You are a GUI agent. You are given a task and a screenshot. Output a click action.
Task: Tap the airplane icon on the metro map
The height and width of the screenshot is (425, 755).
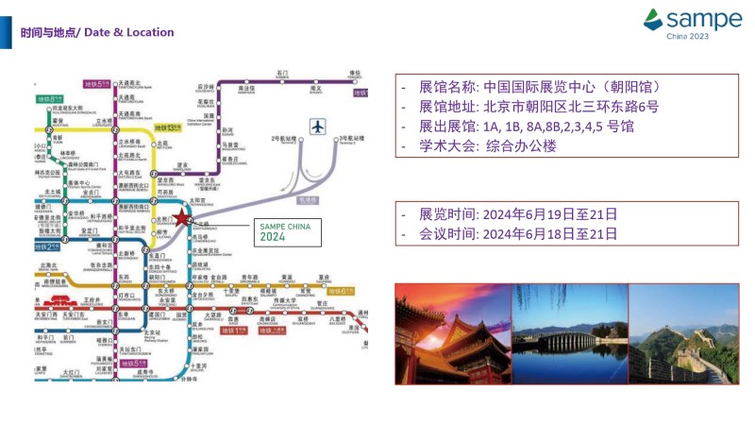[x=318, y=127]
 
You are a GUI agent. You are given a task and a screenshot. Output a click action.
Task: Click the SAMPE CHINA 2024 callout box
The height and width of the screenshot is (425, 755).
[x=288, y=230]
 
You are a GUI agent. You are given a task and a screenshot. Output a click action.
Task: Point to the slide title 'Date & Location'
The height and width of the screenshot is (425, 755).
[x=129, y=33]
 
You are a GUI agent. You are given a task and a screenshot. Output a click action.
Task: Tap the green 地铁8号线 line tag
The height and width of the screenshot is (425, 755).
[x=48, y=99]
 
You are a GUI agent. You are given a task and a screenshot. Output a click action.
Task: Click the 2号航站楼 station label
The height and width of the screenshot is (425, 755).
[x=282, y=139]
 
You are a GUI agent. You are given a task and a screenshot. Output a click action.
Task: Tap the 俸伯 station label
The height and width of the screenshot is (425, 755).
[x=355, y=73]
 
